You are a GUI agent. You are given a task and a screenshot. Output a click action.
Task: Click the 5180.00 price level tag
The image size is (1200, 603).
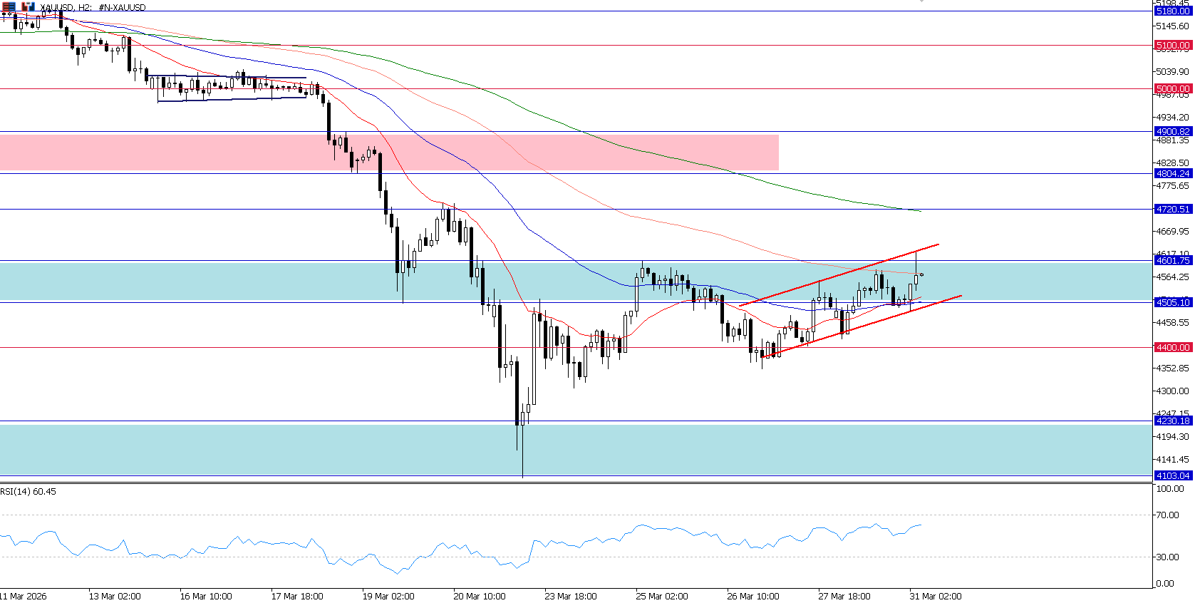coord(1173,11)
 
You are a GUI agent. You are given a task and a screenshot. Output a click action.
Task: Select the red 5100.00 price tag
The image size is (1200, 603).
coord(1173,46)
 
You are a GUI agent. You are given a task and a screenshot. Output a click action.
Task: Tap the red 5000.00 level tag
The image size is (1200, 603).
coord(1173,89)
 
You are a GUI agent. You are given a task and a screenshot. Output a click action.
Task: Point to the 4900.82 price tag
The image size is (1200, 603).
coord(1173,132)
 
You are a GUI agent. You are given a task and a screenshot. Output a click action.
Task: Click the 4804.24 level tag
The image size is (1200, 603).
coord(1173,174)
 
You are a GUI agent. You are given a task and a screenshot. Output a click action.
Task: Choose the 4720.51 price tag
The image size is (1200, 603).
coord(1173,210)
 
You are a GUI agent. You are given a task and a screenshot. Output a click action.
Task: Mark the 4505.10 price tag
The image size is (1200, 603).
coord(1173,303)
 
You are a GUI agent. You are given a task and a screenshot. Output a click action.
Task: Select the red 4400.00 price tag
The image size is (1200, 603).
coord(1173,348)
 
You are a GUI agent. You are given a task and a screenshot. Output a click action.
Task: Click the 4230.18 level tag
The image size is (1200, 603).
coord(1173,421)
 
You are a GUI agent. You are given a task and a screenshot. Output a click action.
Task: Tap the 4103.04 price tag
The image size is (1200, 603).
coord(1173,476)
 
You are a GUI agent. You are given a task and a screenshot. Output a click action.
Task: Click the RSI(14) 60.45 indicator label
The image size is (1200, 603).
coord(29,492)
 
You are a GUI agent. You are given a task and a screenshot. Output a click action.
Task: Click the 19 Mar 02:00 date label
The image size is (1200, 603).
coord(388,597)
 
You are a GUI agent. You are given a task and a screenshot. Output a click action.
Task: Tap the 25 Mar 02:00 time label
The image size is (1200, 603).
coord(662,597)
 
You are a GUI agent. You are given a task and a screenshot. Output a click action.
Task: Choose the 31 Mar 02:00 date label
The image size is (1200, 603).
coord(936,597)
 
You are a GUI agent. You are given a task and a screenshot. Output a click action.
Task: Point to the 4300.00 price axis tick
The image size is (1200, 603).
coord(1172,391)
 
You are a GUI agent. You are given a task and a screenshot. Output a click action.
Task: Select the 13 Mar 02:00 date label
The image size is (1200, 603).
coord(115,597)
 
